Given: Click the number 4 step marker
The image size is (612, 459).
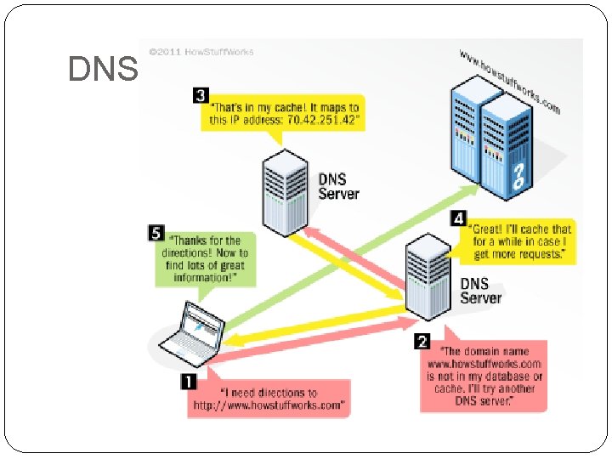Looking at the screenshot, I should pos(460,218).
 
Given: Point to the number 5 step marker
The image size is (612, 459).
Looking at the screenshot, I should pos(156,231).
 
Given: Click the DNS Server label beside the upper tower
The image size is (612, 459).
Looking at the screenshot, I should pos(338,186).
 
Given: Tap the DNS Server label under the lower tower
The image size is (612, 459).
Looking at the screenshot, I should pos(480,290).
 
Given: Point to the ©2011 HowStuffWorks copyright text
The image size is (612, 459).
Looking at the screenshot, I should pos(201,51).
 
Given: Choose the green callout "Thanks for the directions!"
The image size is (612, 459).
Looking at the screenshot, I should pos(205,258).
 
